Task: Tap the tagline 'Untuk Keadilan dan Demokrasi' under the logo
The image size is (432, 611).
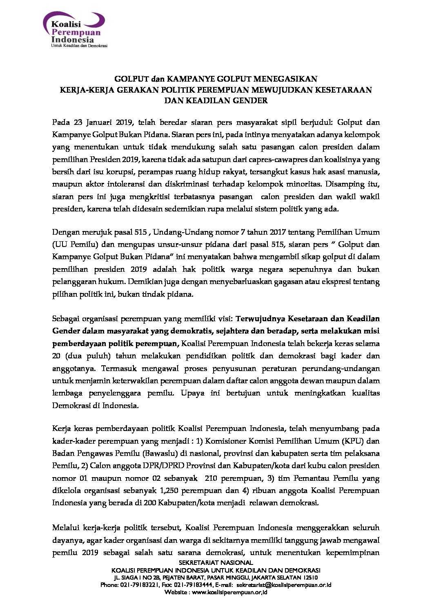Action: [x=79, y=46]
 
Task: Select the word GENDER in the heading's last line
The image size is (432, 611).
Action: [x=250, y=100]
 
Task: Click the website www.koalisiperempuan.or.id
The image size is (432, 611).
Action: [x=229, y=592]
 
